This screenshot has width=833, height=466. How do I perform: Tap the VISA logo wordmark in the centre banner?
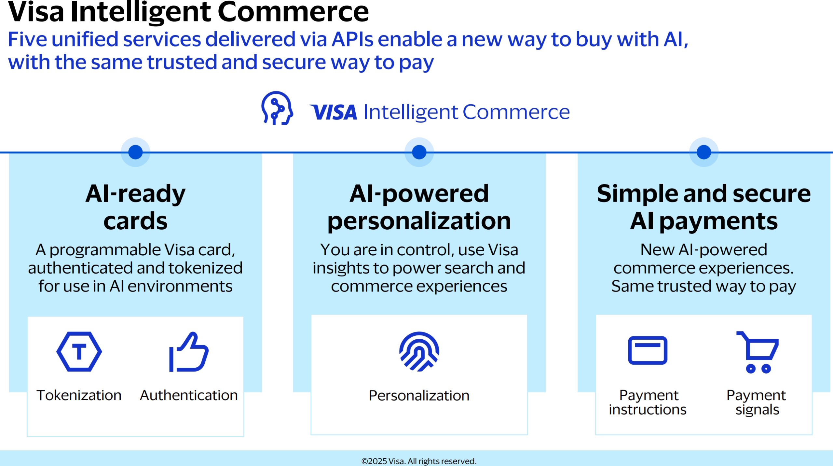334,112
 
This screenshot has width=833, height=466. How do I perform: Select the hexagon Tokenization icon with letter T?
79,352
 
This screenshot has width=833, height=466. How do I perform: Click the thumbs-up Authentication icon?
189,352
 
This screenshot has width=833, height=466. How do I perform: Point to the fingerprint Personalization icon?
419,352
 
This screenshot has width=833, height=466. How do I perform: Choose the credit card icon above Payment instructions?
648,350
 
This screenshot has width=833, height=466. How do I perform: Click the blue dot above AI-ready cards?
135,152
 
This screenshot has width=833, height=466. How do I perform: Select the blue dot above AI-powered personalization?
419,152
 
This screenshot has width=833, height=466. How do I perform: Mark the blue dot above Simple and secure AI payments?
703,152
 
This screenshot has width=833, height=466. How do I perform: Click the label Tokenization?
79,395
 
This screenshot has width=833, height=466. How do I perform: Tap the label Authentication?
189,395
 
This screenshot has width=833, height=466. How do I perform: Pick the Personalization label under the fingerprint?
419,396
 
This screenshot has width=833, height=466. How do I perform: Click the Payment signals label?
757,402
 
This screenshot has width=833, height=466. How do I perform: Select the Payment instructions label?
648,402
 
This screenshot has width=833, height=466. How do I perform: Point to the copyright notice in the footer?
419,461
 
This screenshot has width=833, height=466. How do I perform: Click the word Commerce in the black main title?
293,12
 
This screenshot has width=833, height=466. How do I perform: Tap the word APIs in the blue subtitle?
352,39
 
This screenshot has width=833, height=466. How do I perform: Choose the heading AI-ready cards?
135,207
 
